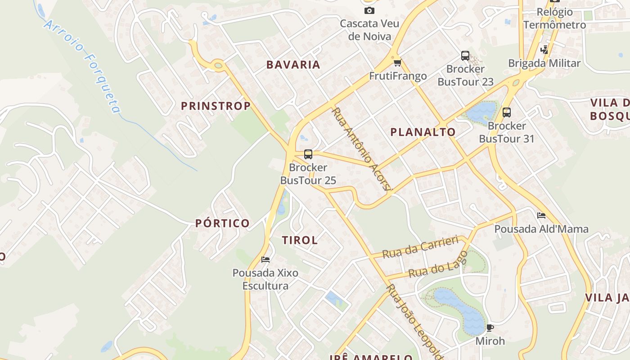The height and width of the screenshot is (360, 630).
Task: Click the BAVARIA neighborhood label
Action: [293, 65]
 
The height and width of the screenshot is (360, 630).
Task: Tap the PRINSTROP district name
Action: [216, 106]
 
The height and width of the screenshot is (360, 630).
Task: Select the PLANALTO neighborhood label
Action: [423, 132]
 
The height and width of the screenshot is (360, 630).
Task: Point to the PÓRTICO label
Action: [222, 223]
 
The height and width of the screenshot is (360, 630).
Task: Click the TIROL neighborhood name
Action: [300, 240]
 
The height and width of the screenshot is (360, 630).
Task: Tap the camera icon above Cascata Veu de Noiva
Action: [369, 10]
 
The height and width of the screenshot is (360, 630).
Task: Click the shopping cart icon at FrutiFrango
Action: [397, 63]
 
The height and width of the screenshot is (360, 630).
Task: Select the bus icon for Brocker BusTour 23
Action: [465, 56]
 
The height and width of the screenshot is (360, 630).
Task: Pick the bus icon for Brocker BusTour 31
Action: [507, 112]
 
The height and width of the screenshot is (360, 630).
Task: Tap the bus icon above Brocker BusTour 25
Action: [308, 154]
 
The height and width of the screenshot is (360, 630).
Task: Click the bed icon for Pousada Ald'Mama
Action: [541, 216]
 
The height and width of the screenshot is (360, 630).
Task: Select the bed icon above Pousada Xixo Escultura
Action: [265, 259]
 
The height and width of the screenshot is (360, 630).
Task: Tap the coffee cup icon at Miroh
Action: [490, 328]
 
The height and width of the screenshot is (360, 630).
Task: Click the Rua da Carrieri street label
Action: [420, 247]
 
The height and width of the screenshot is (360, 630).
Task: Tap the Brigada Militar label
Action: [544, 63]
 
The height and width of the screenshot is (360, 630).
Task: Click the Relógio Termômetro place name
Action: [554, 18]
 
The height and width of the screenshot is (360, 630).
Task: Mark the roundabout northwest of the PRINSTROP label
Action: [219, 66]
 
